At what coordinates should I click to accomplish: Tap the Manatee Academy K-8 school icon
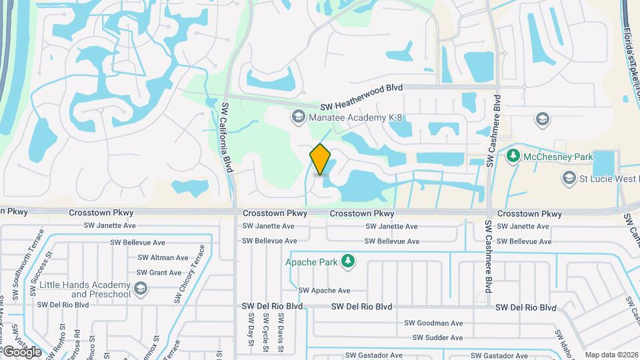click(297, 117)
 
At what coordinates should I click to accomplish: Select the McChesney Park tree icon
click(513, 156)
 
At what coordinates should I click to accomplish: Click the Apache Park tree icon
click(347, 261)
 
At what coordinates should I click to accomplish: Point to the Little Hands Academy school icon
click(140, 288)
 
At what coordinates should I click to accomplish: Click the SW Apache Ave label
click(324, 291)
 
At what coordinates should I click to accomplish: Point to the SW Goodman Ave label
click(433, 323)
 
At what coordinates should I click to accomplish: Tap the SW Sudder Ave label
click(437, 338)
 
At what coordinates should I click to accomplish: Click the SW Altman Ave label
click(163, 258)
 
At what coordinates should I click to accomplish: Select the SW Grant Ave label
click(159, 273)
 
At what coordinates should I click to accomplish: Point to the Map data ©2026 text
click(611, 355)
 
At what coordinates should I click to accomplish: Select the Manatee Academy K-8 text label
click(357, 118)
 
